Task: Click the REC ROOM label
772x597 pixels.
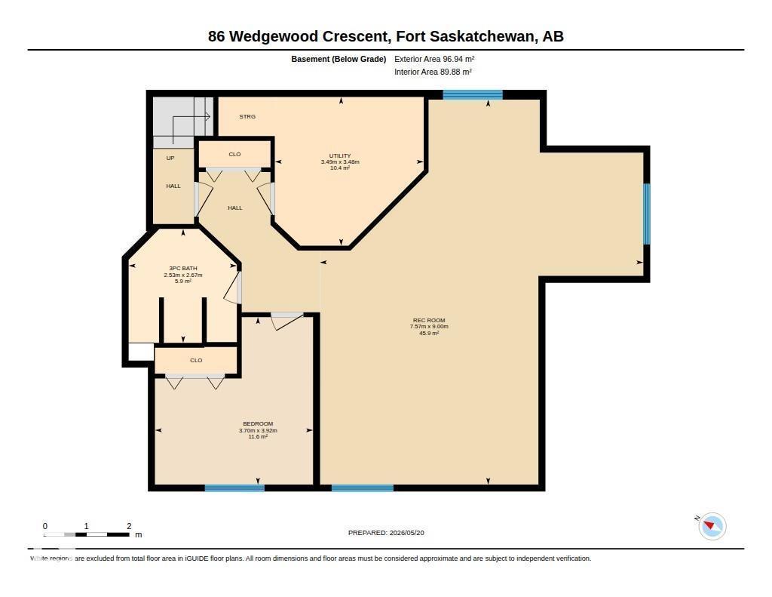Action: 429,320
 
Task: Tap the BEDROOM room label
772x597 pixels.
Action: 258,424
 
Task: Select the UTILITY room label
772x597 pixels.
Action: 340,155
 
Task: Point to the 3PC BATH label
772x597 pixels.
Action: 183,269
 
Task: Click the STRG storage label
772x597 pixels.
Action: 247,117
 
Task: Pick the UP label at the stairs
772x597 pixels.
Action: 170,158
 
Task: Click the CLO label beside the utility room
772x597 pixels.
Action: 235,154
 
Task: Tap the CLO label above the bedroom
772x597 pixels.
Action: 196,360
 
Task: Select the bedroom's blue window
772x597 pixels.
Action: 234,488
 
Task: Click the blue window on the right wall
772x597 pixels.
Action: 646,214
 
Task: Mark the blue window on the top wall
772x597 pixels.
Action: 473,94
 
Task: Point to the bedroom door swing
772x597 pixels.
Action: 286,321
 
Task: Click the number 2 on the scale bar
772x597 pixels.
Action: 129,526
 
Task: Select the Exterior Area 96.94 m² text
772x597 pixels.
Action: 434,59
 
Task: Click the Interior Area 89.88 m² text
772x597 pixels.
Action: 433,72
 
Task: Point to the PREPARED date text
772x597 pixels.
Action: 386,533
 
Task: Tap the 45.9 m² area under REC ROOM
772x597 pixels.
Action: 429,334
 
